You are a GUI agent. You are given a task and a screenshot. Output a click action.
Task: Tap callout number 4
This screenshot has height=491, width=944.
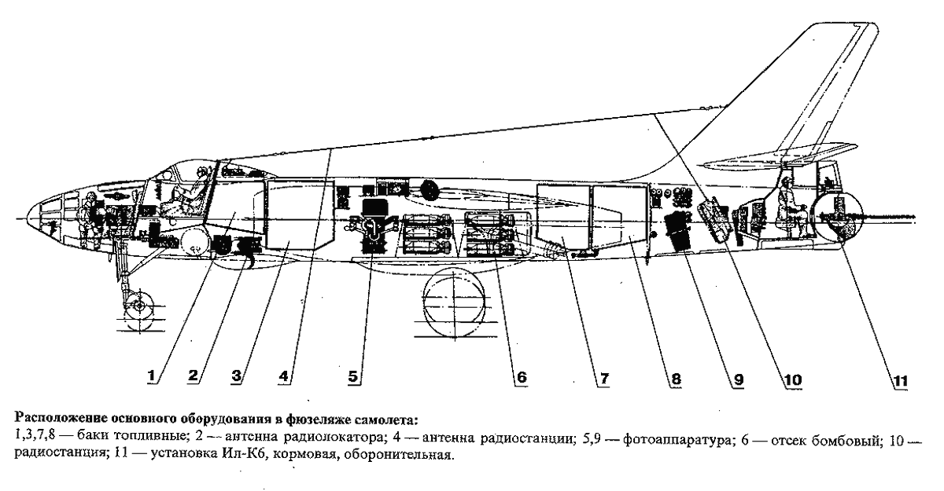(x=284, y=376)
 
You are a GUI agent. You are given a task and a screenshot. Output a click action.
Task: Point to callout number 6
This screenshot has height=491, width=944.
(x=519, y=377)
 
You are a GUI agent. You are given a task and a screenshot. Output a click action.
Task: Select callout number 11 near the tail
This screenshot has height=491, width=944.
(x=899, y=381)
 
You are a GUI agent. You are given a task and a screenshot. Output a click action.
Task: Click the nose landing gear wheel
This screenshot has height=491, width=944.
(x=138, y=304)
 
